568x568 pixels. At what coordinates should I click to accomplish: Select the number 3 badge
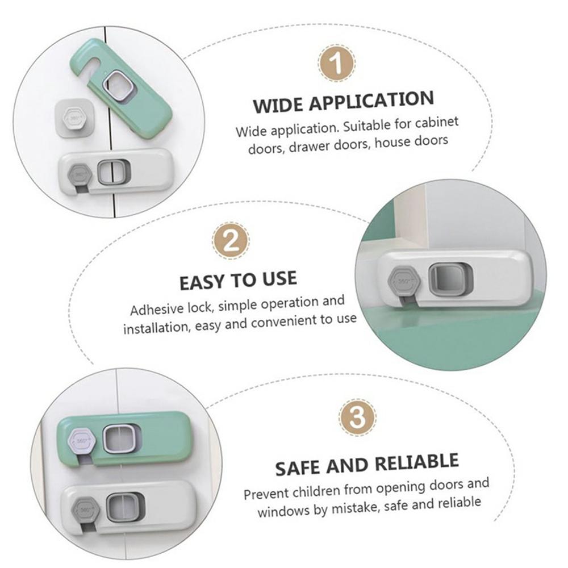tap(357, 419)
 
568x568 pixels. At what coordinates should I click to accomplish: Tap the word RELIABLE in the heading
tap(412, 461)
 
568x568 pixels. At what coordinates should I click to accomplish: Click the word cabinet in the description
tap(436, 123)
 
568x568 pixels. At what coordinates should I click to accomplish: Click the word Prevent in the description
tap(265, 492)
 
